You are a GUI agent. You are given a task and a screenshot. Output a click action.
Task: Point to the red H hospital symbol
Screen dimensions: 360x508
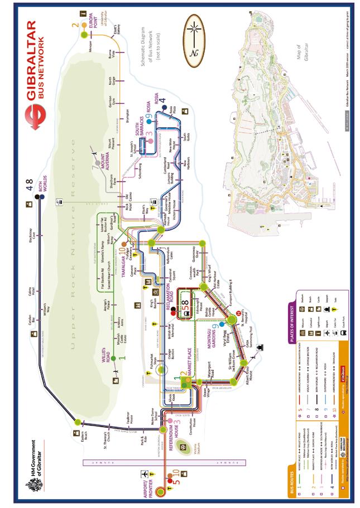[239, 315]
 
